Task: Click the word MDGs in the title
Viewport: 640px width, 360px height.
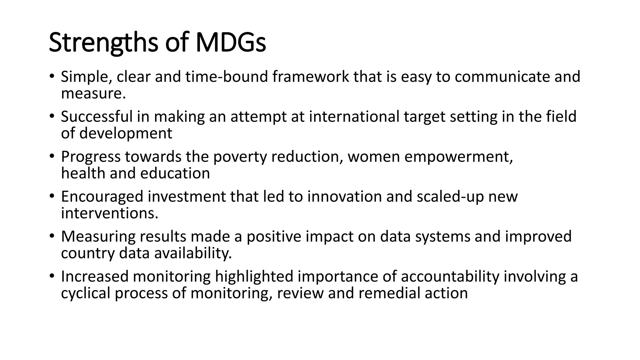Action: tap(231, 42)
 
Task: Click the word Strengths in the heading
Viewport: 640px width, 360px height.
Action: tap(103, 43)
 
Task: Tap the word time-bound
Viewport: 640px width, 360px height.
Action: tap(227, 77)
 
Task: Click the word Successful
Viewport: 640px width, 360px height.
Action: tap(97, 117)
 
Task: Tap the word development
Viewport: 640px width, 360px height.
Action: tap(126, 133)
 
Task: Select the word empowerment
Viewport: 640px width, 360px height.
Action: tap(458, 157)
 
